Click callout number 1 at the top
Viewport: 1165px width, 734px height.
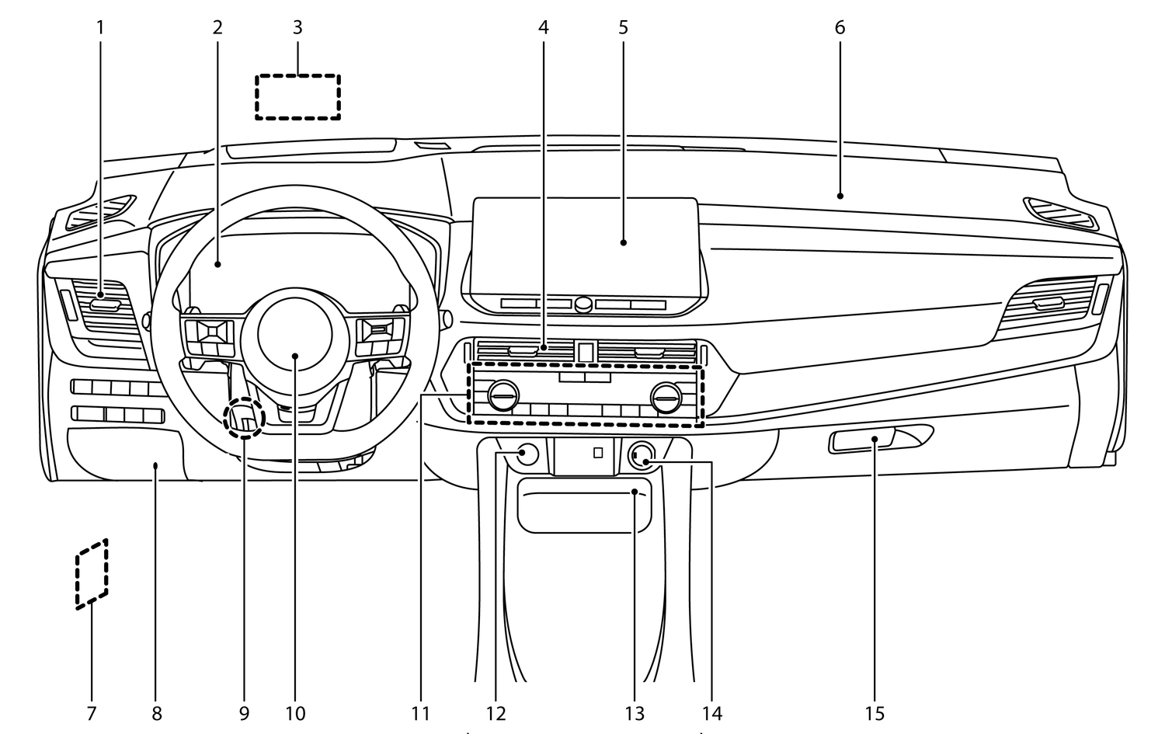pyautogui.click(x=100, y=27)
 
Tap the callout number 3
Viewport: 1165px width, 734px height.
pyautogui.click(x=297, y=27)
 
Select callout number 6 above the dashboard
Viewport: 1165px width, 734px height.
pyautogui.click(x=840, y=27)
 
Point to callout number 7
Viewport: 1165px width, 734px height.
pyautogui.click(x=92, y=714)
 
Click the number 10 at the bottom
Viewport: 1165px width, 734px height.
pyautogui.click(x=295, y=714)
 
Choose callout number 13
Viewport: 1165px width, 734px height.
pyautogui.click(x=635, y=714)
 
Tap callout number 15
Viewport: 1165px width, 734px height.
pyautogui.click(x=875, y=714)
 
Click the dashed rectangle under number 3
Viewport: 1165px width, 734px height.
pyautogui.click(x=297, y=75)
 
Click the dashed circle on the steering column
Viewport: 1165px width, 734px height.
pyautogui.click(x=224, y=418)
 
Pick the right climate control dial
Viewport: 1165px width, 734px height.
pyautogui.click(x=666, y=398)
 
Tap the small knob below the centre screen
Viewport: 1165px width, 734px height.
pyautogui.click(x=583, y=304)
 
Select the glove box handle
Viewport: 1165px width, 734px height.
pyautogui.click(x=862, y=440)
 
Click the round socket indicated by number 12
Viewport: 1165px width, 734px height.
pyautogui.click(x=527, y=454)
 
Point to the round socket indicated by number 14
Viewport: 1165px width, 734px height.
pyautogui.click(x=642, y=456)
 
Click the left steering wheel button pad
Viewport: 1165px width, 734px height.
pyautogui.click(x=209, y=338)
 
